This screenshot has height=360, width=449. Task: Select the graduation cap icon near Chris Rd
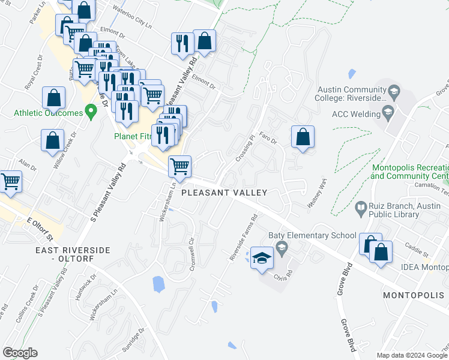[x=261, y=257]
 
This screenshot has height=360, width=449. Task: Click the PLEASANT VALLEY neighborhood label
[x=224, y=193]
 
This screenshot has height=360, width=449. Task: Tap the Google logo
[x=20, y=352]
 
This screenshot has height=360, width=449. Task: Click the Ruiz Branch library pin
[x=361, y=209]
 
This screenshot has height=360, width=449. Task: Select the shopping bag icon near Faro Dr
[x=304, y=137]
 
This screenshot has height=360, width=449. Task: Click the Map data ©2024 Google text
[x=412, y=355]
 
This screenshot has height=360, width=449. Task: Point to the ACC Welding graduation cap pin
[x=388, y=112]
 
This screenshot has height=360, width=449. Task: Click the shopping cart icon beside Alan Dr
[x=11, y=181]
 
